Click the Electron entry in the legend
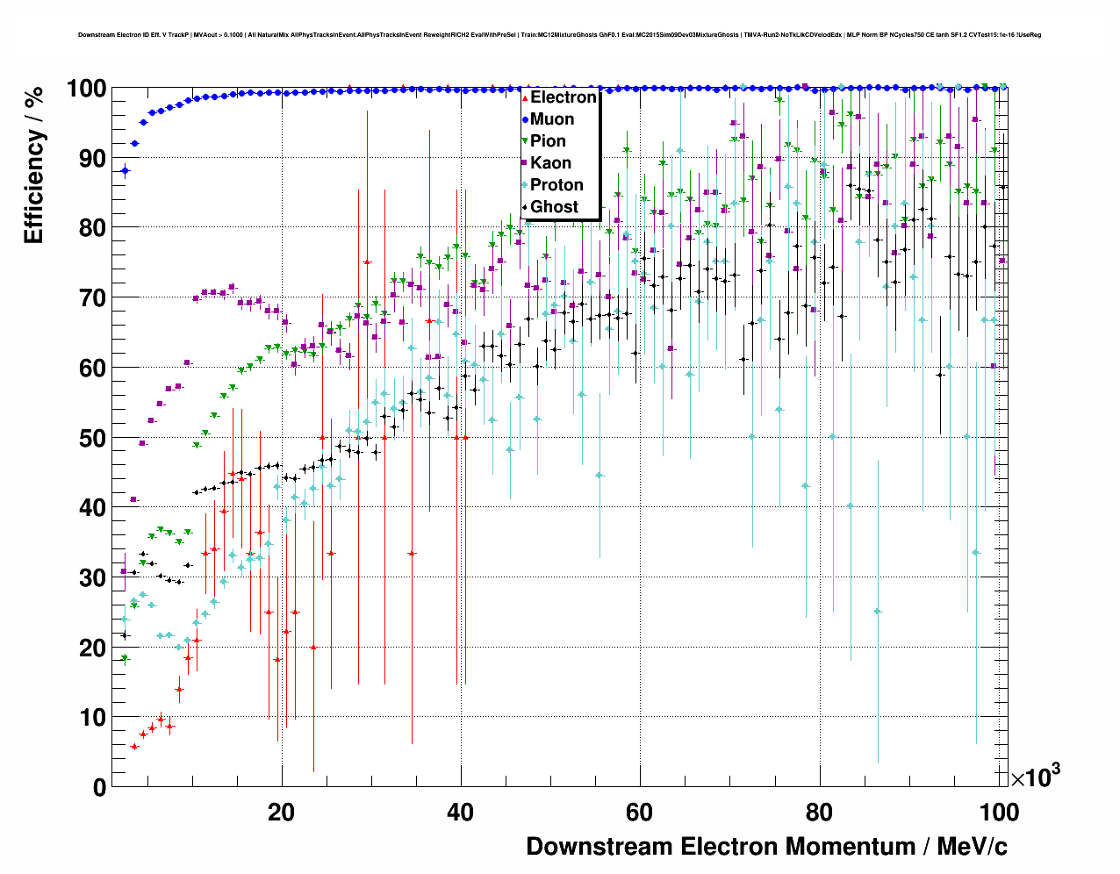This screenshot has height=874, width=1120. (x=563, y=97)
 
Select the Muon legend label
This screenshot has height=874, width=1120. (x=552, y=119)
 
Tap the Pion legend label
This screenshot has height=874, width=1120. (x=548, y=141)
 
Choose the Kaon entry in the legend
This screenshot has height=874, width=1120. (x=550, y=163)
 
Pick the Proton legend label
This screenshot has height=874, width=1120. (x=556, y=185)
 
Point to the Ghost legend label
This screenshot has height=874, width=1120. (x=554, y=207)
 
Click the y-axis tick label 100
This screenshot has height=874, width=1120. (x=86, y=89)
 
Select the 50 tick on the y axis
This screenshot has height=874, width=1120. (x=93, y=438)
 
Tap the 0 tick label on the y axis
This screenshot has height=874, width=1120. (x=100, y=787)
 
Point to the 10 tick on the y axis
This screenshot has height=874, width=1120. (x=93, y=718)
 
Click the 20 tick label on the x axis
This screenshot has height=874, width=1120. (x=282, y=812)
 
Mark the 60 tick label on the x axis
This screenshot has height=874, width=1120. (x=640, y=812)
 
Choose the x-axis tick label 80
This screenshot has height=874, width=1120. (x=819, y=812)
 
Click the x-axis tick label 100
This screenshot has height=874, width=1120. (x=999, y=812)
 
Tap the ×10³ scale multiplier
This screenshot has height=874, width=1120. (x=1035, y=777)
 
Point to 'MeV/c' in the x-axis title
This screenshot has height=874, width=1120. (x=973, y=847)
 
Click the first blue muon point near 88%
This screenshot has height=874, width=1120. (x=125, y=171)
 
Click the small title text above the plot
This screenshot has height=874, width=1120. (x=559, y=35)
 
